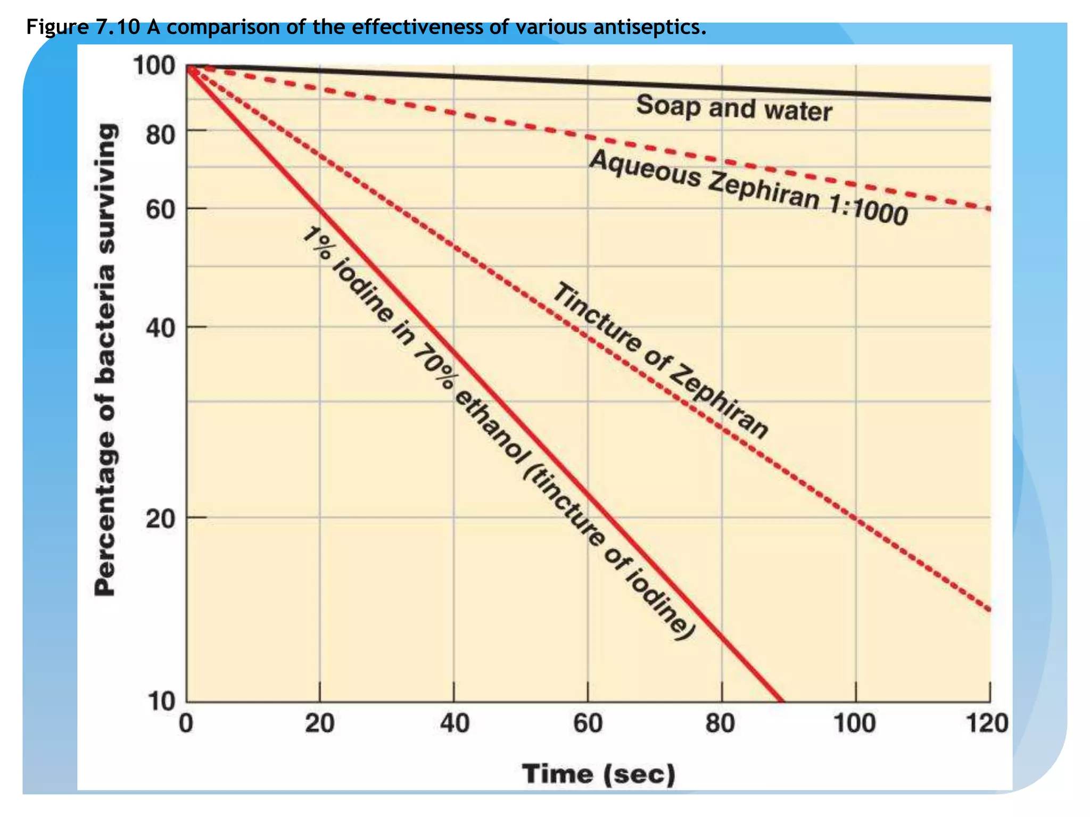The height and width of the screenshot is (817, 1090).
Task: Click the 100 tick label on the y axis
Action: click(154, 66)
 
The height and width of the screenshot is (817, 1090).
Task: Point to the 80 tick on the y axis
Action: click(160, 135)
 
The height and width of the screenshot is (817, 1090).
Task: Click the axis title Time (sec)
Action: click(599, 774)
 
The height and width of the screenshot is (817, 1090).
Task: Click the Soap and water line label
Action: click(734, 109)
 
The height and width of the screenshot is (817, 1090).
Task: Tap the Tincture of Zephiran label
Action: click(660, 361)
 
